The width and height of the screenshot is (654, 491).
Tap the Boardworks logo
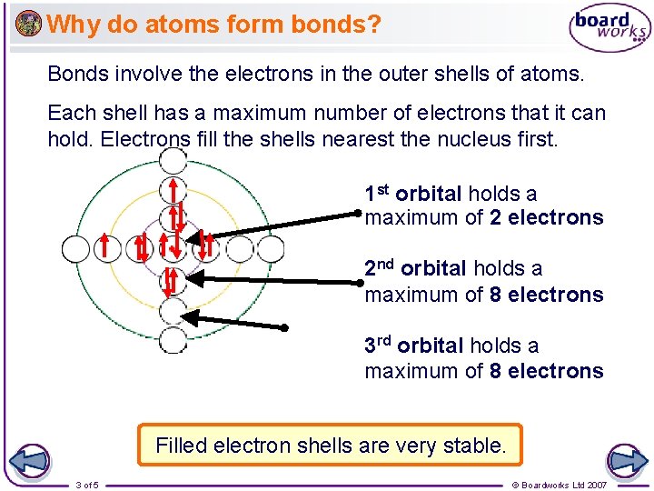[609, 29]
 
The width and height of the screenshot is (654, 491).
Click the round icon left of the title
[28, 24]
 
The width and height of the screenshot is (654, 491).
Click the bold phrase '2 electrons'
[546, 218]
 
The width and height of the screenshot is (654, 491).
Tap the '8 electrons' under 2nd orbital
[546, 295]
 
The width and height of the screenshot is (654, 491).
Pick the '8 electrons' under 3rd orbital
[546, 371]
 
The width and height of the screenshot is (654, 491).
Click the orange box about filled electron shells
[330, 446]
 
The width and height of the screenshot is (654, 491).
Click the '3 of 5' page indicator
[87, 485]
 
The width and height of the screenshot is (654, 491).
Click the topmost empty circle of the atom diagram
[173, 160]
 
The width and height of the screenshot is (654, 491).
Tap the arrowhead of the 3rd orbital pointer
[184, 316]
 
